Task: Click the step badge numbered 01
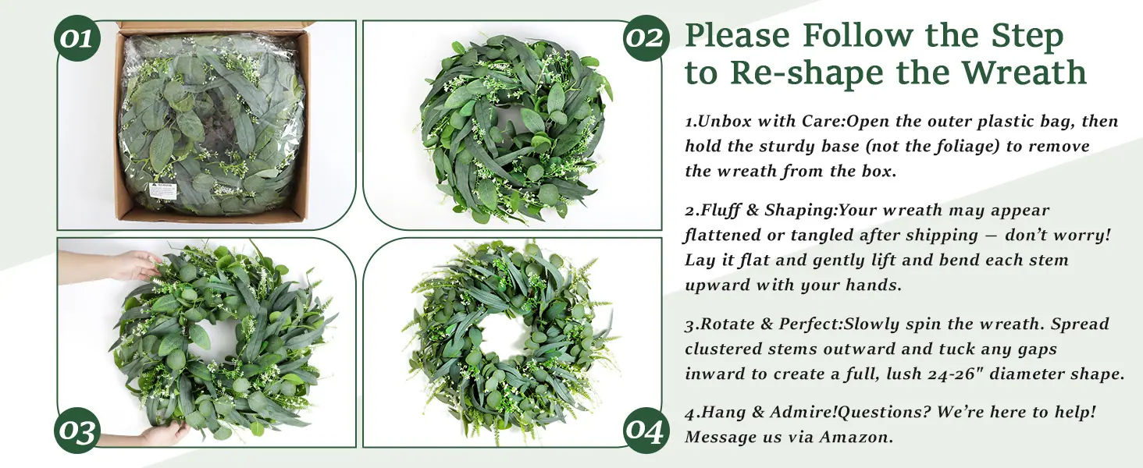[x=77, y=38]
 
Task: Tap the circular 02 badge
[x=646, y=38]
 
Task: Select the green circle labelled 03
[x=77, y=431]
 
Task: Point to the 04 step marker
[x=646, y=431]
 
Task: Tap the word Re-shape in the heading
[x=807, y=73]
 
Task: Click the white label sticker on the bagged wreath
[x=162, y=190]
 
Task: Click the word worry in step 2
[x=1084, y=235]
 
